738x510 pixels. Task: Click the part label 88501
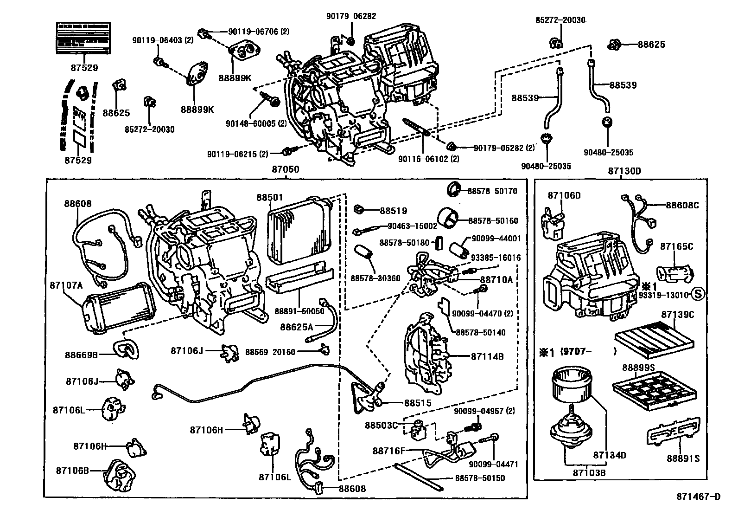tap(269, 197)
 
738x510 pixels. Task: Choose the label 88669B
tap(81, 355)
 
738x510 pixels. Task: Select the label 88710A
tap(496, 280)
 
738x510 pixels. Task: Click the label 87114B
tap(487, 356)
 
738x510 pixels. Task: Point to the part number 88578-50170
tap(492, 191)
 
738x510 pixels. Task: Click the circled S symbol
tap(698, 294)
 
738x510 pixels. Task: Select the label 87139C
tap(677, 315)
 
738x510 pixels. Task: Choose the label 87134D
tap(610, 455)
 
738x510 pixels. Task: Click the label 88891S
tap(683, 458)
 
